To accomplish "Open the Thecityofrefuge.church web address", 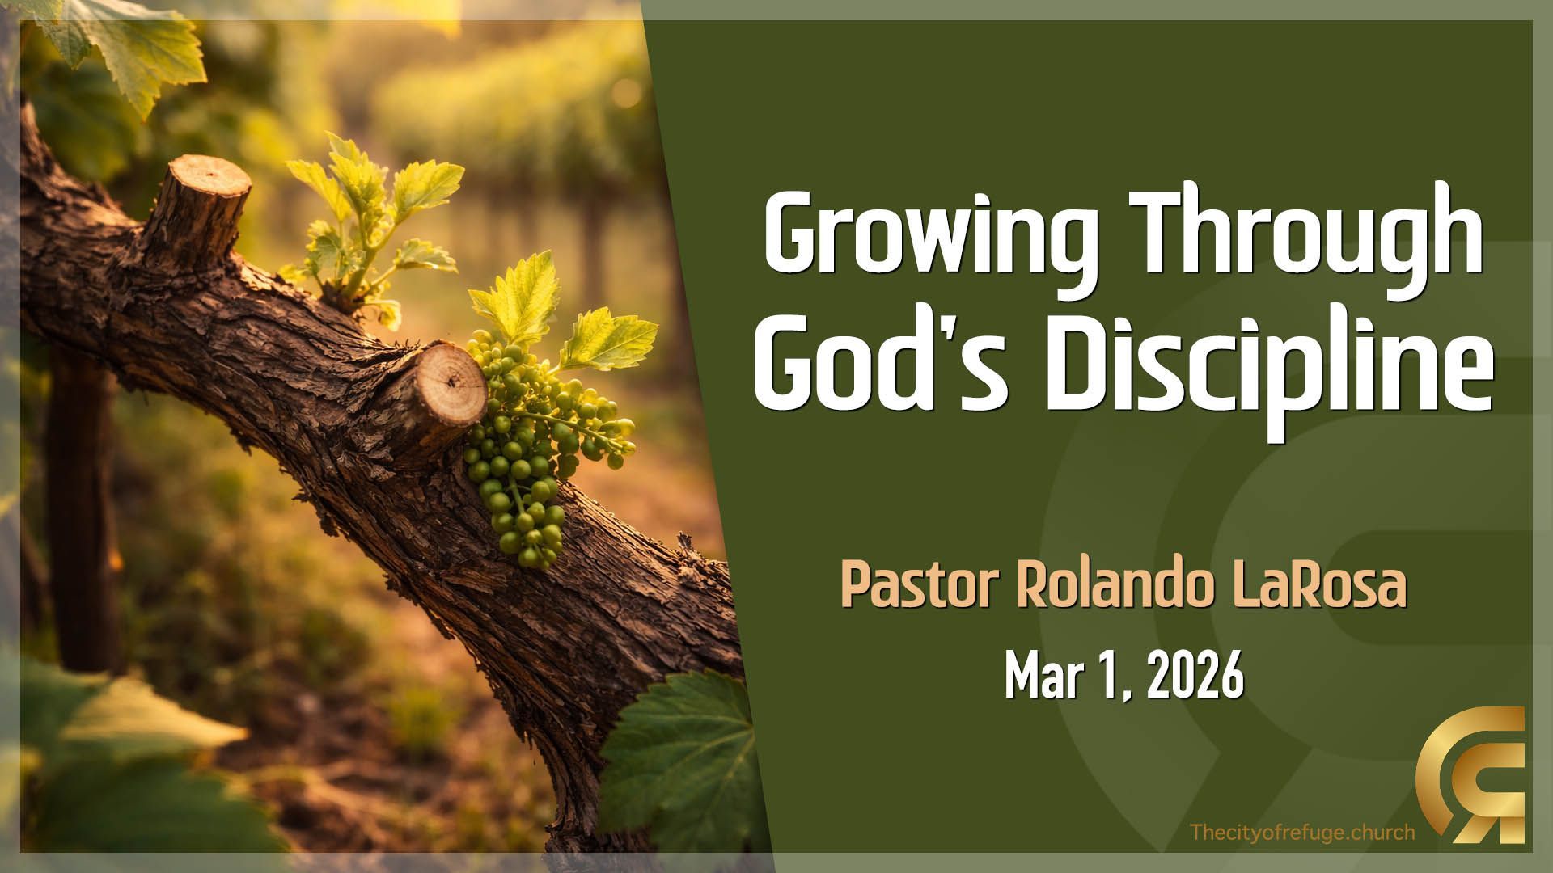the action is coord(1302,832).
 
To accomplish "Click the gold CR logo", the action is coord(1470,774).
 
